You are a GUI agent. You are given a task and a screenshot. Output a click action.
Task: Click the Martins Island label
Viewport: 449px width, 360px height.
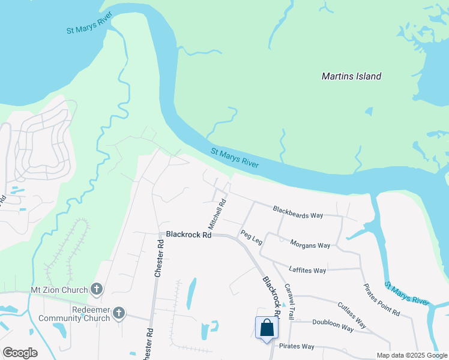[x=351, y=76]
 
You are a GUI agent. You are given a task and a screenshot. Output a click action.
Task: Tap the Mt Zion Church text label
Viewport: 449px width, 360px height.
[x=59, y=290]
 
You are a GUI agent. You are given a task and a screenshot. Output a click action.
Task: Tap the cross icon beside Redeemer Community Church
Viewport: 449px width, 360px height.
[x=119, y=313]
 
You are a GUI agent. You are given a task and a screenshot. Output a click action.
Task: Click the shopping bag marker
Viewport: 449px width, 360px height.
[x=267, y=328]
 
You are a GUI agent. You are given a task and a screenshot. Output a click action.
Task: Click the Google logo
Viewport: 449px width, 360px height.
[x=20, y=353]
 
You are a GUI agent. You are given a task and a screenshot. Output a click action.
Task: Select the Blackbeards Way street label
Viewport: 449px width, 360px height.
[x=298, y=212]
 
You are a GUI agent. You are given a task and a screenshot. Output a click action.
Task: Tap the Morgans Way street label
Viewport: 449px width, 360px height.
[x=310, y=245]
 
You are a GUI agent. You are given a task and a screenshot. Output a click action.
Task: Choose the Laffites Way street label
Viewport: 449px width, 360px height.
[x=307, y=270]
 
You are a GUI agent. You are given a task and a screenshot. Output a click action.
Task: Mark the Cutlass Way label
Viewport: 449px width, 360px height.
[x=352, y=314]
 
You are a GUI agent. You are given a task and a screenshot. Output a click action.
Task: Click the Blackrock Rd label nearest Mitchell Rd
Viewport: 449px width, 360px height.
[x=189, y=235]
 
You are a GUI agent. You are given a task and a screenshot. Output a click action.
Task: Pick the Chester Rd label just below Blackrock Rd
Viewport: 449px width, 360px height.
[x=159, y=258]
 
